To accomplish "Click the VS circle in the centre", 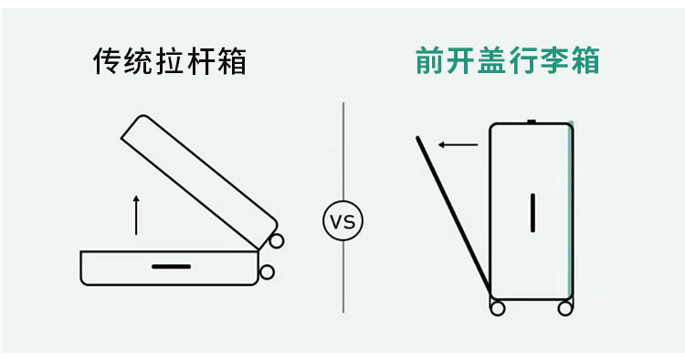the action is (342, 220).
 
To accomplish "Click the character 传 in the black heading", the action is (108, 61).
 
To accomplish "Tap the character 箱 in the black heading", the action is (232, 61).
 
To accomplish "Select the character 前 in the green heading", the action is (430, 60).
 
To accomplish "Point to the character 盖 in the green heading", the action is (492, 60).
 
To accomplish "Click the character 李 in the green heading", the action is (554, 60).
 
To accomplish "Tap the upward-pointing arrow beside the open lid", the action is (136, 215).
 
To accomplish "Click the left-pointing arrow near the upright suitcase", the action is (458, 144).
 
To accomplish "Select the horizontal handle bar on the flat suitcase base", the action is (172, 267).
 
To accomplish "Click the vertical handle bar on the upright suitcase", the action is (532, 213).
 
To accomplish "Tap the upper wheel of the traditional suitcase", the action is (276, 240).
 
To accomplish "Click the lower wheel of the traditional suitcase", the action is (267, 272).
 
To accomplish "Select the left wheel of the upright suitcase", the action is (498, 308).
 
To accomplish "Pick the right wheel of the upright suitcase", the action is (564, 308).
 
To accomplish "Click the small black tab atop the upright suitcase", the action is (532, 122).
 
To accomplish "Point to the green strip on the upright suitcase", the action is (570, 210).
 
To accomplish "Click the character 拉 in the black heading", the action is (170, 61).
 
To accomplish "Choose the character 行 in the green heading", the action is (523, 60).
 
